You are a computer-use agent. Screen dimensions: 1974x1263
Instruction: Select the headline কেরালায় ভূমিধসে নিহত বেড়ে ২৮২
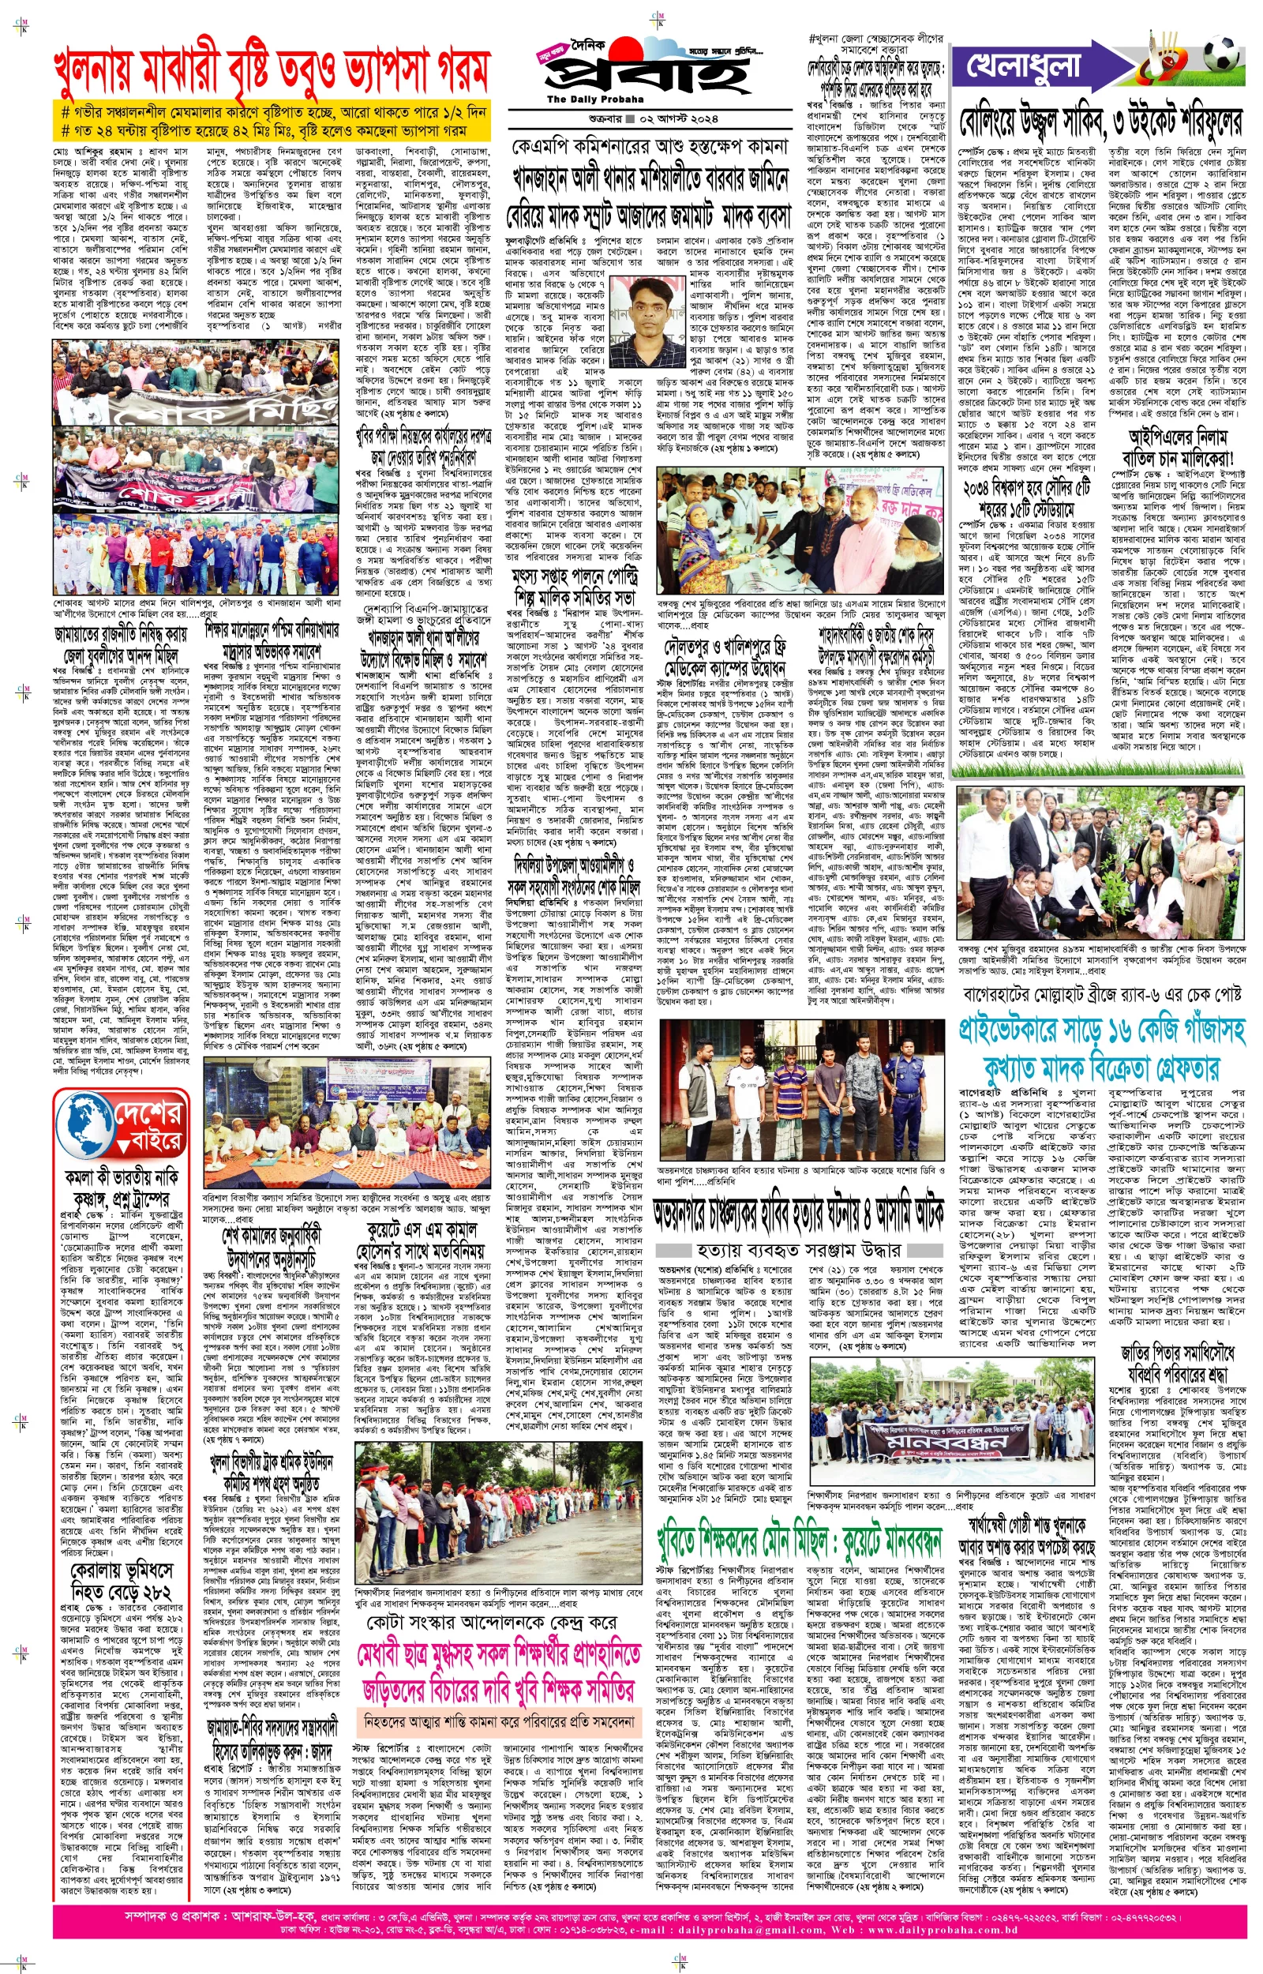click(x=122, y=1572)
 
